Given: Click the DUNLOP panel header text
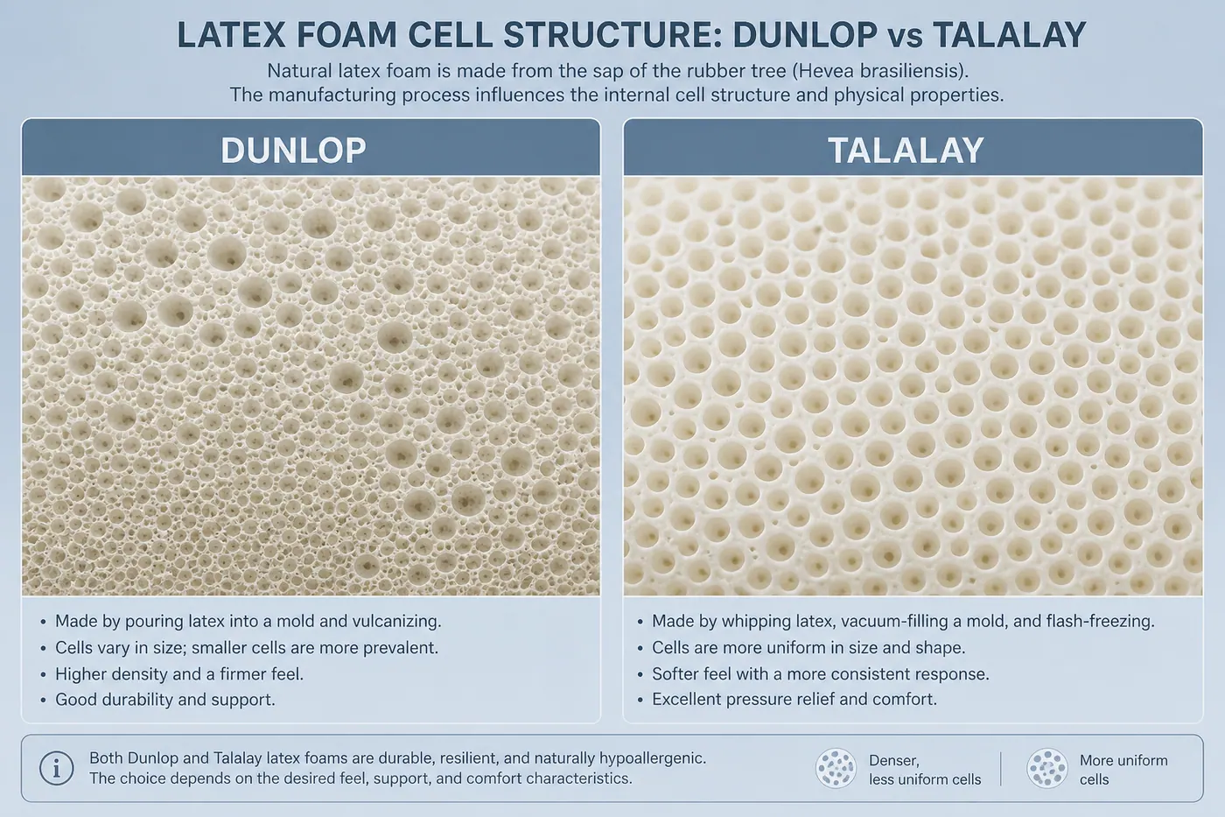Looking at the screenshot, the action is (293, 150).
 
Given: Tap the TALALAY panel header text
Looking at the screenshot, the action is (906, 150).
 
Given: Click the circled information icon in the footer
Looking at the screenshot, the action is (56, 768).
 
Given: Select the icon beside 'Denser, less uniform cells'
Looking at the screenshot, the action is (836, 768).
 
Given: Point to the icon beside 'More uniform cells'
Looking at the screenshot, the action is (1046, 768).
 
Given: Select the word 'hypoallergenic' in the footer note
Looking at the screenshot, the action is (653, 759).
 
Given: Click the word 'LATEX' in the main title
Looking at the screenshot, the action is (231, 35).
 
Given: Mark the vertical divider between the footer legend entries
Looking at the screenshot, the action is (1000, 768).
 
